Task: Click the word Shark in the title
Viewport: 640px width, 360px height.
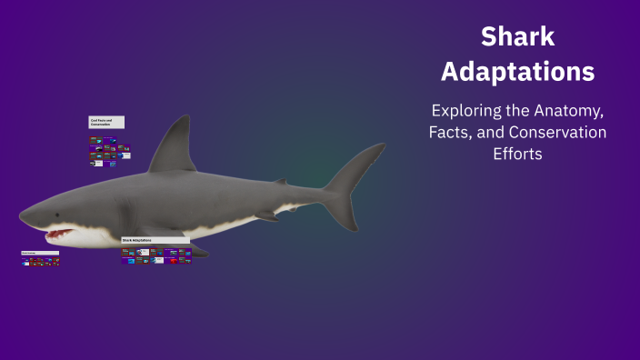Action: pyautogui.click(x=517, y=37)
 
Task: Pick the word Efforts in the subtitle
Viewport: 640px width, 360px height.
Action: pyautogui.click(x=517, y=154)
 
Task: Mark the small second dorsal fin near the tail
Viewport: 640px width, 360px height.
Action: pyautogui.click(x=282, y=182)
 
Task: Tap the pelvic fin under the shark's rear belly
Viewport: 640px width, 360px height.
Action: pyautogui.click(x=266, y=216)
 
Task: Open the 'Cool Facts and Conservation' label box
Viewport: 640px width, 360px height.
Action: pyautogui.click(x=106, y=122)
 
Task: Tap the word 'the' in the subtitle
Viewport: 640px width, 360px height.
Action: pyautogui.click(x=524, y=112)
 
